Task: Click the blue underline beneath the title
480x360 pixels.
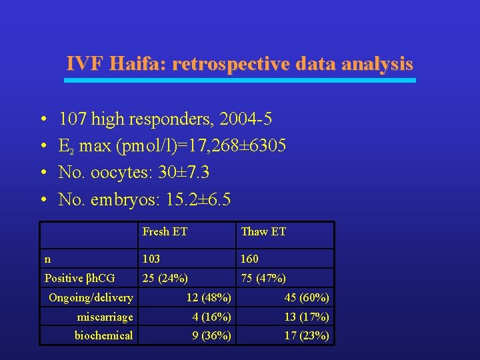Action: [239, 81]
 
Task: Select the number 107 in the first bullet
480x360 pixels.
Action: [73, 119]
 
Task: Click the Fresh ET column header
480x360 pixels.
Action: [165, 232]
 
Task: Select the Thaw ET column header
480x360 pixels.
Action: [263, 232]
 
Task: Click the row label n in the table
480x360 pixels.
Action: [47, 259]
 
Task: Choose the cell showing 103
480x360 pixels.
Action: [151, 259]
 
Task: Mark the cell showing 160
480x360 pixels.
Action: [249, 259]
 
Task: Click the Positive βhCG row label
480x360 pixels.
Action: [79, 278]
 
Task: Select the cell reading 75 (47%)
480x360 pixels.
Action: [263, 278]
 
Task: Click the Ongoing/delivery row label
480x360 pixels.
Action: [91, 297]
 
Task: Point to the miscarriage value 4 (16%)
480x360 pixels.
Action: [212, 317]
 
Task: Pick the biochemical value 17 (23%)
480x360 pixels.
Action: [307, 335]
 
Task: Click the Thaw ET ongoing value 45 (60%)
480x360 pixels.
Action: [307, 297]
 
